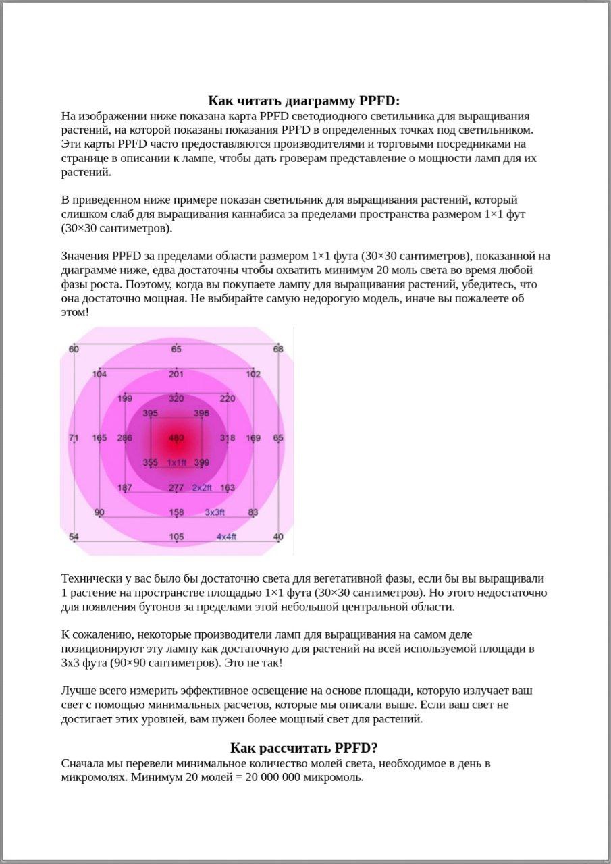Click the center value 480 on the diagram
coord(176,438)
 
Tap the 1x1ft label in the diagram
coord(176,462)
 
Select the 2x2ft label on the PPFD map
coord(202,487)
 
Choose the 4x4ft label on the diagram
coord(226,537)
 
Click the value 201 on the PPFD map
coord(176,374)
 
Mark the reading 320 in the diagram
coord(176,398)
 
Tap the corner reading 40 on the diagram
coord(278,537)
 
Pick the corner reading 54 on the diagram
coord(74,537)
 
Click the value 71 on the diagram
coord(74,438)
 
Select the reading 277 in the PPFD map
coord(176,487)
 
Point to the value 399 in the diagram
coord(201,462)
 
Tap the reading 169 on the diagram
coord(253,438)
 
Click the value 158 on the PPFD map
coord(176,512)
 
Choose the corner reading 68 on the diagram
coord(278,349)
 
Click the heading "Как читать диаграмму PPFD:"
coord(304,101)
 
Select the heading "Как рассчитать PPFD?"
coord(304,748)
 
